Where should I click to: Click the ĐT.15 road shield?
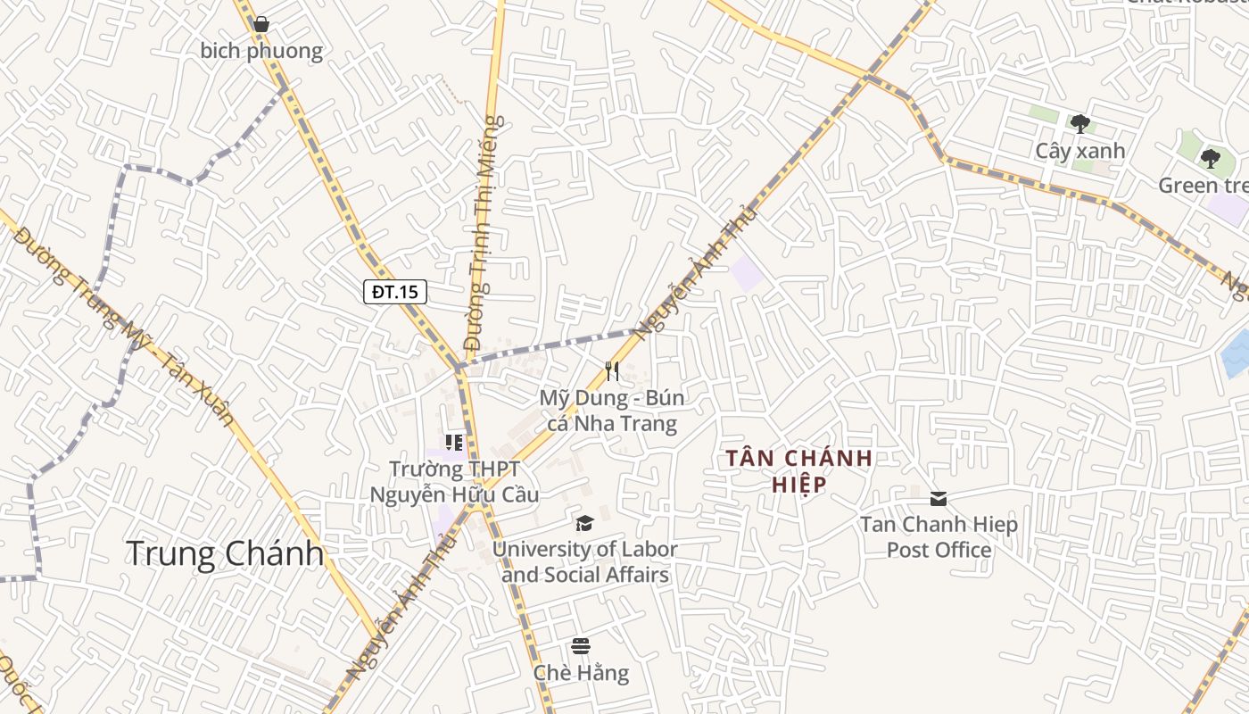pyautogui.click(x=395, y=291)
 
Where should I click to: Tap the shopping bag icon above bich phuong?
pyautogui.click(x=261, y=24)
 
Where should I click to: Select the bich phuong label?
pyautogui.click(x=261, y=51)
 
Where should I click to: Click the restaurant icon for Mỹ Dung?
pyautogui.click(x=612, y=370)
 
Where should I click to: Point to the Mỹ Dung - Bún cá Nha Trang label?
pyautogui.click(x=612, y=411)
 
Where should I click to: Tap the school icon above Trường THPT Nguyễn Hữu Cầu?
pyautogui.click(x=454, y=443)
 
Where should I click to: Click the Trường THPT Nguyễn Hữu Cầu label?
pyautogui.click(x=454, y=481)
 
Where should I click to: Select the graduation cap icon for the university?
pyautogui.click(x=584, y=523)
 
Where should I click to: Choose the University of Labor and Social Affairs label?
pyautogui.click(x=585, y=562)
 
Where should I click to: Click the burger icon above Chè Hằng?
pyautogui.click(x=581, y=646)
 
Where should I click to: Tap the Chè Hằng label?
pyautogui.click(x=581, y=673)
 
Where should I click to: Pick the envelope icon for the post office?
pyautogui.click(x=939, y=498)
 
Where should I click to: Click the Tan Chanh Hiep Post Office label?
pyautogui.click(x=939, y=536)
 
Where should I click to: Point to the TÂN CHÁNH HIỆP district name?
pyautogui.click(x=798, y=471)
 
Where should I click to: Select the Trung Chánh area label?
pyautogui.click(x=225, y=553)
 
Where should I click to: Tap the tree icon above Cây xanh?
pyautogui.click(x=1079, y=124)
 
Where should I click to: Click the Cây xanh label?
pyautogui.click(x=1079, y=151)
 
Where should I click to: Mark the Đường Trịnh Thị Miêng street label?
pyautogui.click(x=484, y=232)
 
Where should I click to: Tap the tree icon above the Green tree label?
pyautogui.click(x=1210, y=159)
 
